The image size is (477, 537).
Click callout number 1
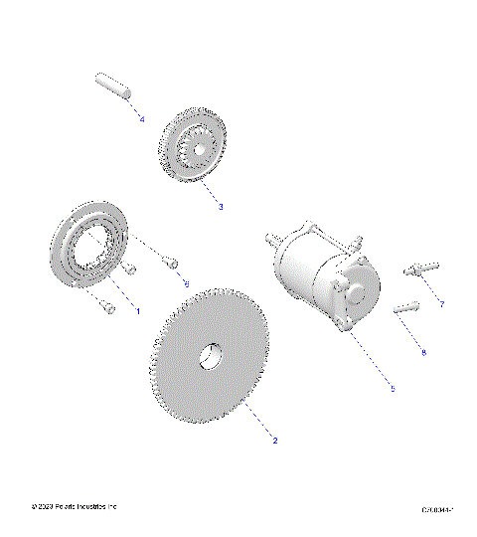tap(137, 311)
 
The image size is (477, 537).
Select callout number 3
tap(220, 207)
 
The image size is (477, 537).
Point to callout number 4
tap(142, 119)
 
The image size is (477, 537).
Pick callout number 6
tap(185, 282)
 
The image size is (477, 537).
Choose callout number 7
tap(441, 302)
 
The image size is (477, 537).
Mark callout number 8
tap(422, 352)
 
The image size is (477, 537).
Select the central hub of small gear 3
tap(199, 149)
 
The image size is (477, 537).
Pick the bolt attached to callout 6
tap(170, 263)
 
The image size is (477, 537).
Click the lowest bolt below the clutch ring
tap(107, 308)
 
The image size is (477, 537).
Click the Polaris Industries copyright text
tap(75, 507)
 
